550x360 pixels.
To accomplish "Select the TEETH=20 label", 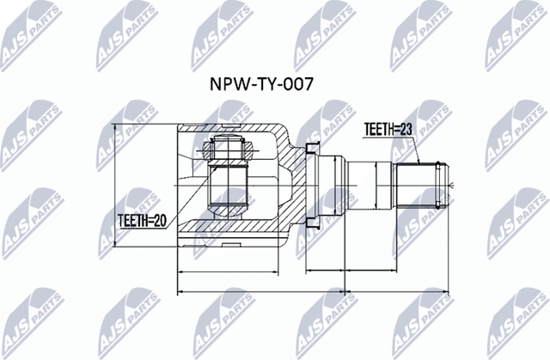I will click(141, 219).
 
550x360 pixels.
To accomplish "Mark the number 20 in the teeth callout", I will click(157, 219).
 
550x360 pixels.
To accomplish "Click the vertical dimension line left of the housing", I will click(115, 185).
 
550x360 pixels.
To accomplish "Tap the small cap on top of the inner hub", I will click(229, 147).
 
